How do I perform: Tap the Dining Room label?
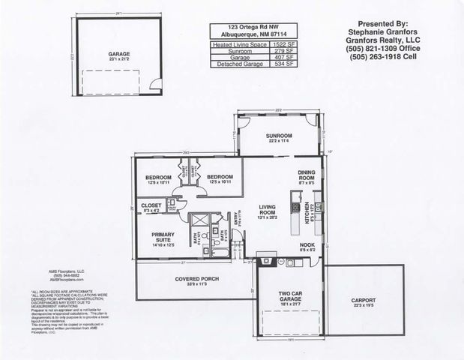point(307,174)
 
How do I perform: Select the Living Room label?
point(268,211)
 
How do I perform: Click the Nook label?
point(307,245)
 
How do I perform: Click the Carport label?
point(368,301)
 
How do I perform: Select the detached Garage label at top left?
point(119,55)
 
